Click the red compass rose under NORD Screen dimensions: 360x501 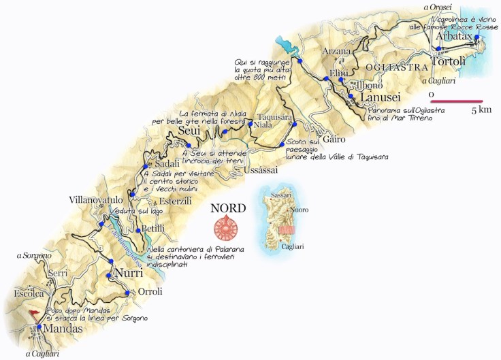227,227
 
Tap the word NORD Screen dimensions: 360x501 227,208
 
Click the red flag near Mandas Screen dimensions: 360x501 33,314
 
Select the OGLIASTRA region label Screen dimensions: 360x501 389,67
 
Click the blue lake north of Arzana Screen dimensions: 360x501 289,47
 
